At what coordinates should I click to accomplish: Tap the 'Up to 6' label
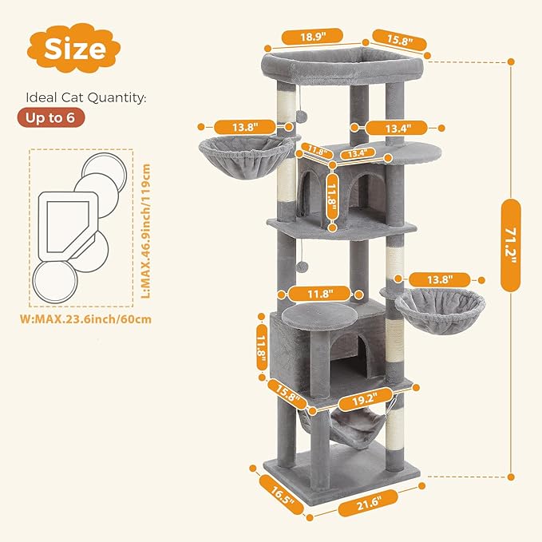tap(51, 117)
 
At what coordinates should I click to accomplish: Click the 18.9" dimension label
tap(312, 36)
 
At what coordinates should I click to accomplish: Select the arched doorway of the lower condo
tap(350, 354)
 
